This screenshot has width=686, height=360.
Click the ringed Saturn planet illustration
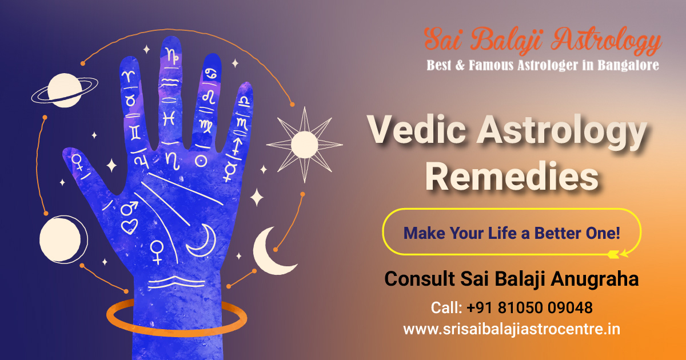[x=65, y=90]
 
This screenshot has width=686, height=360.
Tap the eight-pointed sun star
[x=304, y=145]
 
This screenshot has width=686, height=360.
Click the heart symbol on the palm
[x=129, y=226]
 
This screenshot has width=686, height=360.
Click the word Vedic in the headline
[x=417, y=130]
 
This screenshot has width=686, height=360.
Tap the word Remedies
[x=512, y=177]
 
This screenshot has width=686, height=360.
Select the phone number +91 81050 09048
[x=529, y=307]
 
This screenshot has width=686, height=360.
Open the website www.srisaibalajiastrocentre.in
[x=512, y=329]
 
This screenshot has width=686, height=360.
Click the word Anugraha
[x=595, y=279]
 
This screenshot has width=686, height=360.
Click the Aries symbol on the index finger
[x=128, y=76]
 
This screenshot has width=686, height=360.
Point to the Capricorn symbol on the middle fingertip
[x=173, y=55]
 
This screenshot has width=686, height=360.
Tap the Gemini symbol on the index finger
[x=135, y=133]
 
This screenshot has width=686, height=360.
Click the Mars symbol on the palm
[x=129, y=208]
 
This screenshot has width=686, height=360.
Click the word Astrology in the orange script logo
[x=606, y=41]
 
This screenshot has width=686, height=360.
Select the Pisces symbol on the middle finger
[x=169, y=118]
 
